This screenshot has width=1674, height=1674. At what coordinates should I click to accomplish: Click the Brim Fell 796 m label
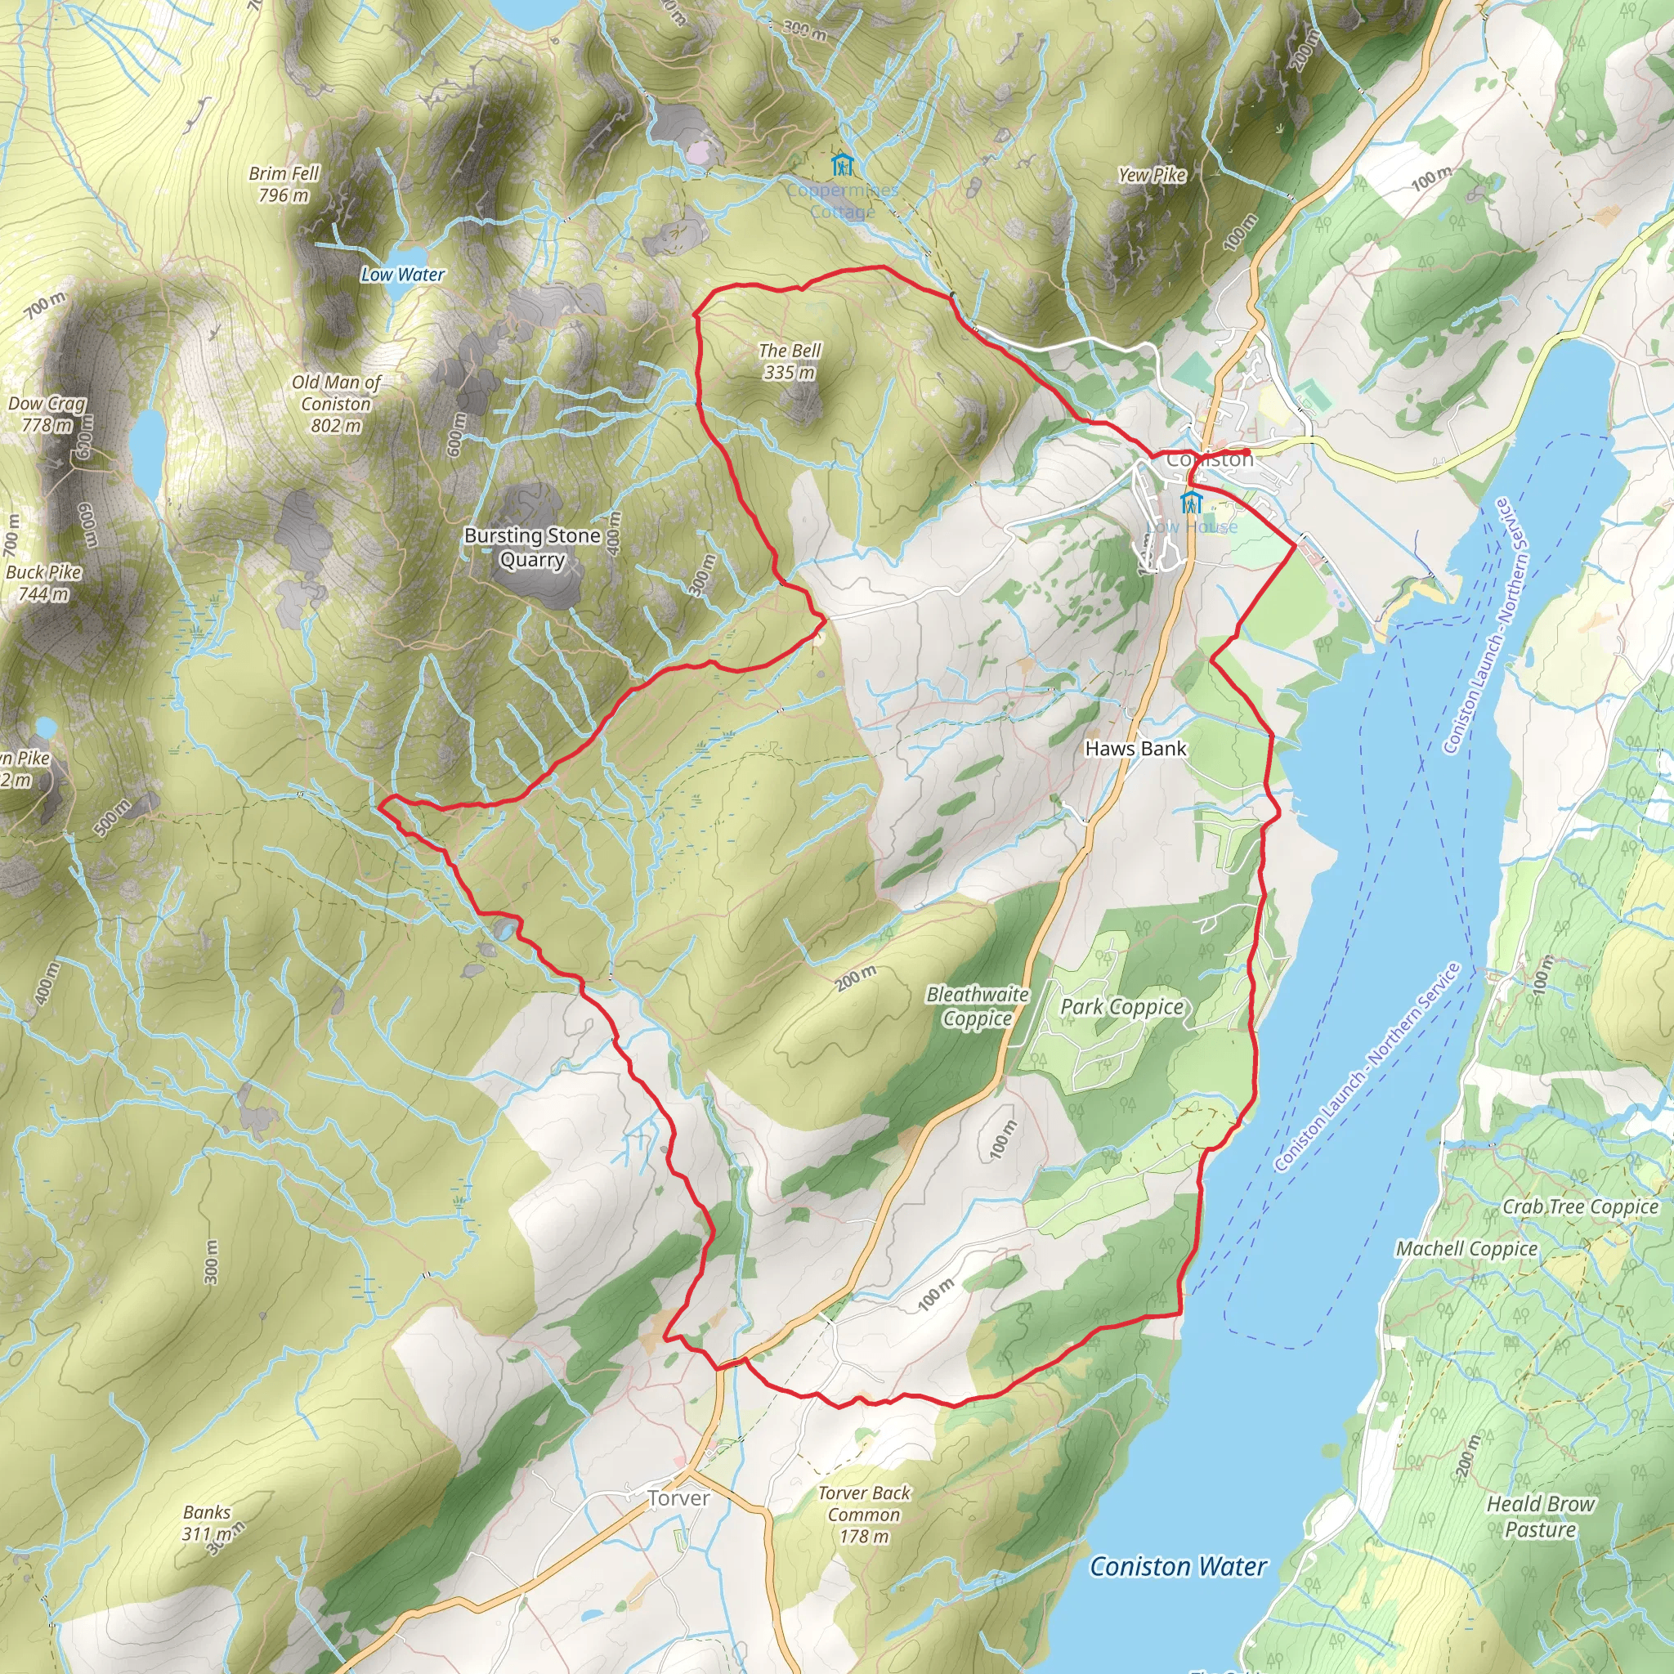coord(284,185)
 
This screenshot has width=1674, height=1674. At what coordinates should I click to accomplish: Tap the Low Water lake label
coord(403,275)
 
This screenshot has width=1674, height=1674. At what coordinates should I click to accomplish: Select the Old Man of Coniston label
coord(336,404)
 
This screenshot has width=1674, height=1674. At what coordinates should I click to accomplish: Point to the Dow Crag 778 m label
coord(47,414)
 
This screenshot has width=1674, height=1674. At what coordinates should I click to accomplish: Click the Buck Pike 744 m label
coord(43,583)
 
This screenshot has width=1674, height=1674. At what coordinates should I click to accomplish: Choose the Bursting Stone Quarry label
coord(532,548)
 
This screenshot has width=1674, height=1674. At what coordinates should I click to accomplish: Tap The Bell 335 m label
coord(790,361)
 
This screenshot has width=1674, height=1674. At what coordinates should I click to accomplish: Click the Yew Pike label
coord(1152,175)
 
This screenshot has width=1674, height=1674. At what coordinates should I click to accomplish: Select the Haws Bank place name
coord(1135,749)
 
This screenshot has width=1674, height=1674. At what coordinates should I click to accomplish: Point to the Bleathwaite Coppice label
coord(978,1006)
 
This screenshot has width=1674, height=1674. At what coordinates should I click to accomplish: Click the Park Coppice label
coord(1122,1007)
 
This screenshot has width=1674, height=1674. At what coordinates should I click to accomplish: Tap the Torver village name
coord(678,1498)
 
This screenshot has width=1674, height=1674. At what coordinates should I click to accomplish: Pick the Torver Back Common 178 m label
coord(864,1515)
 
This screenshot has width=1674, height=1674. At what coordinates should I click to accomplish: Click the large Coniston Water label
coord(1179,1568)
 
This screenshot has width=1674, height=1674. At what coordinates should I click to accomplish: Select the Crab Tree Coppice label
coord(1581,1207)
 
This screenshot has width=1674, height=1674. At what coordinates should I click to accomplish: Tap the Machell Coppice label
coord(1466,1249)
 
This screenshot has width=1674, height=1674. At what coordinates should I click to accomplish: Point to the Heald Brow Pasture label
coord(1541,1516)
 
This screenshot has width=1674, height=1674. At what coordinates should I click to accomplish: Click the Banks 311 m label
coord(208,1522)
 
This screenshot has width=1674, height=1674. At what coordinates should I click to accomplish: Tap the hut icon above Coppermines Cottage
coord(841,163)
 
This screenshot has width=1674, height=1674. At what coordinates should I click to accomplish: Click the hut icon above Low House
coord(1192,502)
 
